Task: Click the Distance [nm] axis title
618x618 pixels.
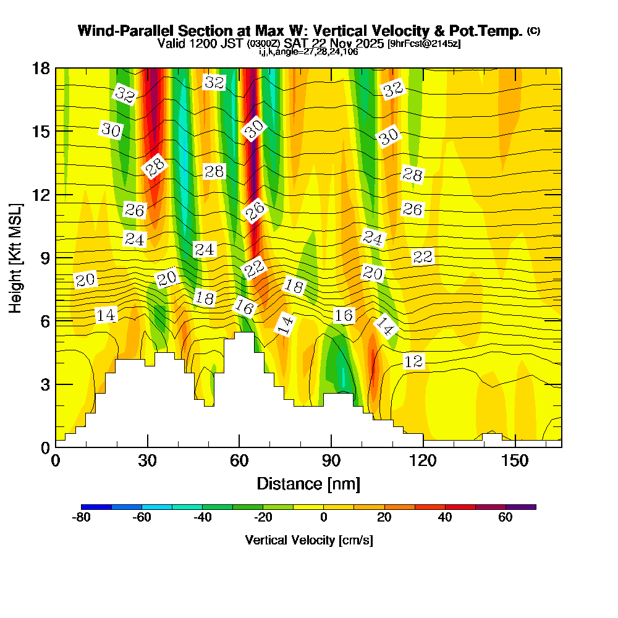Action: (308, 483)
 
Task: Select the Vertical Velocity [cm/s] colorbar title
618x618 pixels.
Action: (308, 540)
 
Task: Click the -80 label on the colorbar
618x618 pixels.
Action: (82, 518)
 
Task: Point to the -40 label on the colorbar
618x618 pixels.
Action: (203, 518)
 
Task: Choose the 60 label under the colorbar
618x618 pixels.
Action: (505, 518)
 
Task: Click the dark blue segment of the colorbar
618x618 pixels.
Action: (96, 507)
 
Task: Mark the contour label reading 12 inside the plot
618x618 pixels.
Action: (413, 362)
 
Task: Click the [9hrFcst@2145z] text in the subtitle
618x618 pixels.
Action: (424, 44)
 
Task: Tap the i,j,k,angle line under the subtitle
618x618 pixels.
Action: (308, 52)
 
